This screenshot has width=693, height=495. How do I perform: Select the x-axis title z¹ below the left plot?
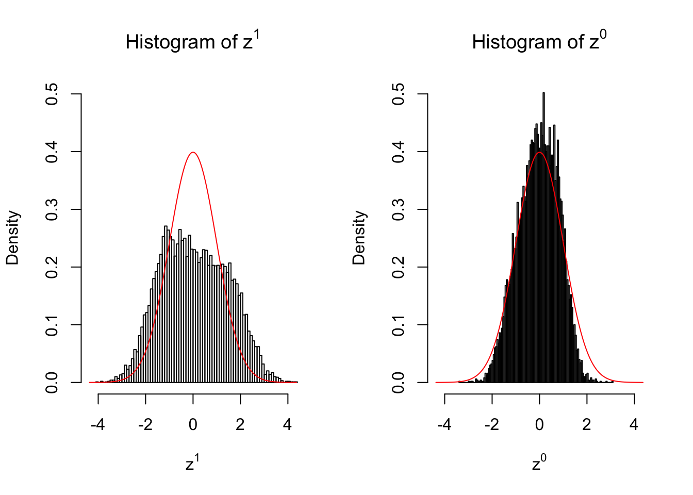[192, 464]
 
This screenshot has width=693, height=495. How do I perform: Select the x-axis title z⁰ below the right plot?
[539, 464]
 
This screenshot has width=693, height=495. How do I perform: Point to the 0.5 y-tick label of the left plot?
[52, 94]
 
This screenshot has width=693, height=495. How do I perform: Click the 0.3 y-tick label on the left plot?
[52, 209]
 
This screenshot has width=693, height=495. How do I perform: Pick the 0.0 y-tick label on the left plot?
[52, 383]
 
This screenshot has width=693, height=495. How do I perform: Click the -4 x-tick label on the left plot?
[97, 425]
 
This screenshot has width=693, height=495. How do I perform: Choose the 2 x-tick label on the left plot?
[240, 425]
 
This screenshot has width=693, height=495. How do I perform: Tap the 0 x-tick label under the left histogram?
[193, 425]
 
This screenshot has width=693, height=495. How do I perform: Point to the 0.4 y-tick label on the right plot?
[398, 152]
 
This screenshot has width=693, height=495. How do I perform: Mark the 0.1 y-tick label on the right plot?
[398, 325]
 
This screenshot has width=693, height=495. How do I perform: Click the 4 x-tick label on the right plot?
[634, 425]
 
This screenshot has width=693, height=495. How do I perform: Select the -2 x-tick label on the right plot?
[491, 425]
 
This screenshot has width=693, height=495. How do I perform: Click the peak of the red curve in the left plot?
[193, 152]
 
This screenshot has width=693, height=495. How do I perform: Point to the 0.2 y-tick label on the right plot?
[398, 267]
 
